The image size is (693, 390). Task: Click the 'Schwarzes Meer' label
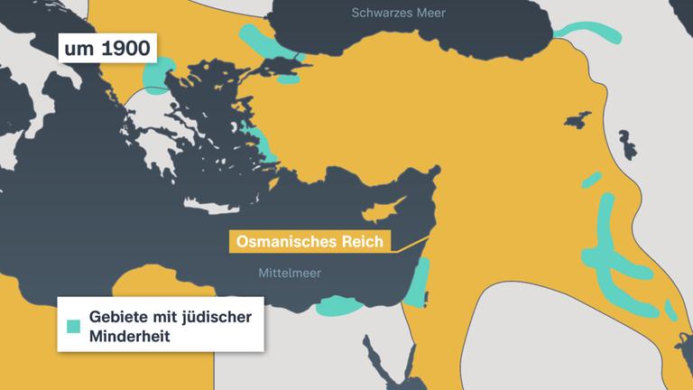pyautogui.click(x=398, y=13)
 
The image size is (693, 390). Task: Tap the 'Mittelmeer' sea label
pyautogui.click(x=290, y=273)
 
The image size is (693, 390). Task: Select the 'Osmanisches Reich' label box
pyautogui.click(x=310, y=242)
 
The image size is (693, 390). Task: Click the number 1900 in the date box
pyautogui.click(x=125, y=48)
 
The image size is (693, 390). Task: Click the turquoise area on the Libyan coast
pyautogui.click(x=341, y=305)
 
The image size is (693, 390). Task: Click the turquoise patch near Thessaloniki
pyautogui.click(x=160, y=77)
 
